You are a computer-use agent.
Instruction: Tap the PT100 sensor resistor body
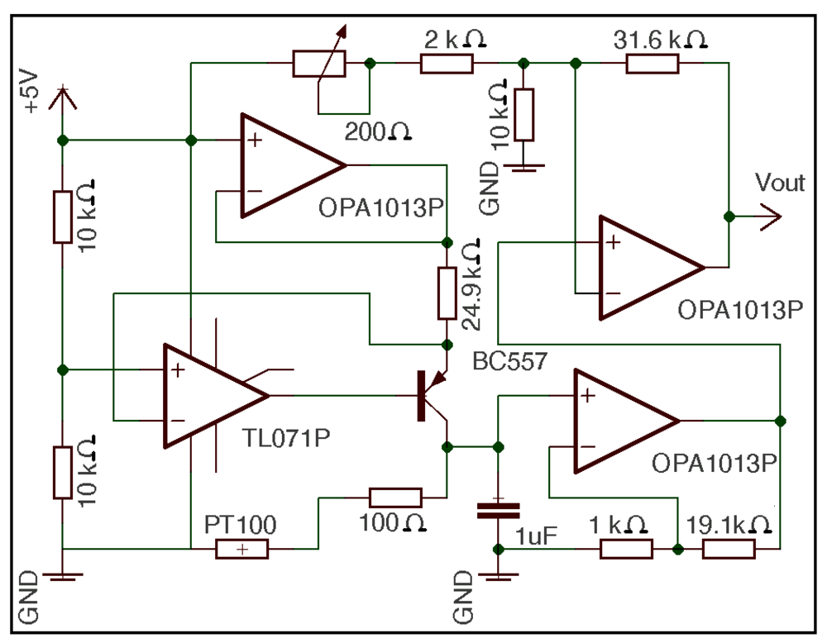point(241,549)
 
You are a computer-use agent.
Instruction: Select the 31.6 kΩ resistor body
point(652,63)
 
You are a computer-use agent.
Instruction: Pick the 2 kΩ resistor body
point(447,63)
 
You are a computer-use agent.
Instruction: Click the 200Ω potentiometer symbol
point(319,63)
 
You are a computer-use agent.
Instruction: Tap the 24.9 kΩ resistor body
point(447,293)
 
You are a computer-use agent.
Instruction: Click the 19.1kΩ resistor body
point(729,549)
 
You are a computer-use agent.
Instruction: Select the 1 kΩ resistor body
point(626,549)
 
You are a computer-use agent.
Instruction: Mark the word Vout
point(780,183)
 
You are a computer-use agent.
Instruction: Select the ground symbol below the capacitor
point(498,576)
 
